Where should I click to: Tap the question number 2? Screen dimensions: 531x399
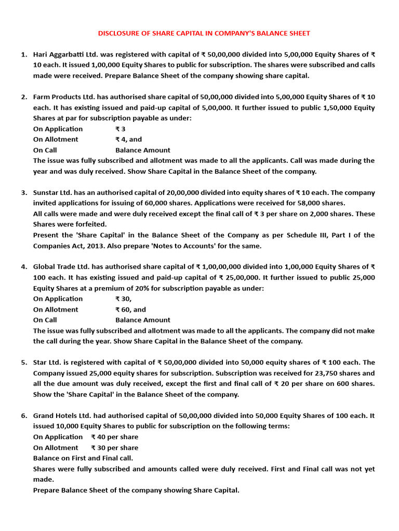[x=24, y=97]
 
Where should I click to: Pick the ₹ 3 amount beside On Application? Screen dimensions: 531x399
[x=120, y=129]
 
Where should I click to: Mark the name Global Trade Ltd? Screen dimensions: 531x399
[x=62, y=267]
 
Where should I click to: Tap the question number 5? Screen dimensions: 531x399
[x=24, y=362]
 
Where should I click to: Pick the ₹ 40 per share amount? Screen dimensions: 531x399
[x=114, y=437]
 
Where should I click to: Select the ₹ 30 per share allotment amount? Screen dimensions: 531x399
[x=114, y=448]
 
